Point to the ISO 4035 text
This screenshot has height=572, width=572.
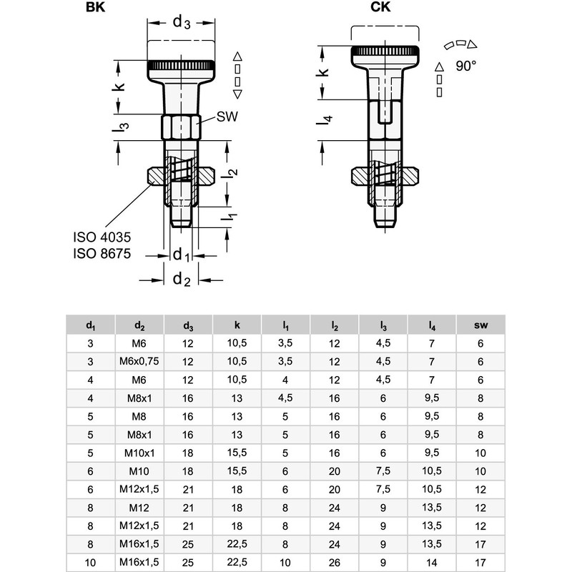[102, 237]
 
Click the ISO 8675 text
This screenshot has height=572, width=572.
[102, 253]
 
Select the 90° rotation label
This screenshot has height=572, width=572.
[465, 65]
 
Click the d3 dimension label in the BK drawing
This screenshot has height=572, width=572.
[182, 23]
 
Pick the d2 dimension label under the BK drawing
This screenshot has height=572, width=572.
[181, 280]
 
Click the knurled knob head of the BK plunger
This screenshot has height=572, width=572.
[182, 66]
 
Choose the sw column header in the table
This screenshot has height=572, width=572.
[480, 325]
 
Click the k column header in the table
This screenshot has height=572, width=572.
[237, 325]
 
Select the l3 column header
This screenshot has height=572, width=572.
[383, 325]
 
